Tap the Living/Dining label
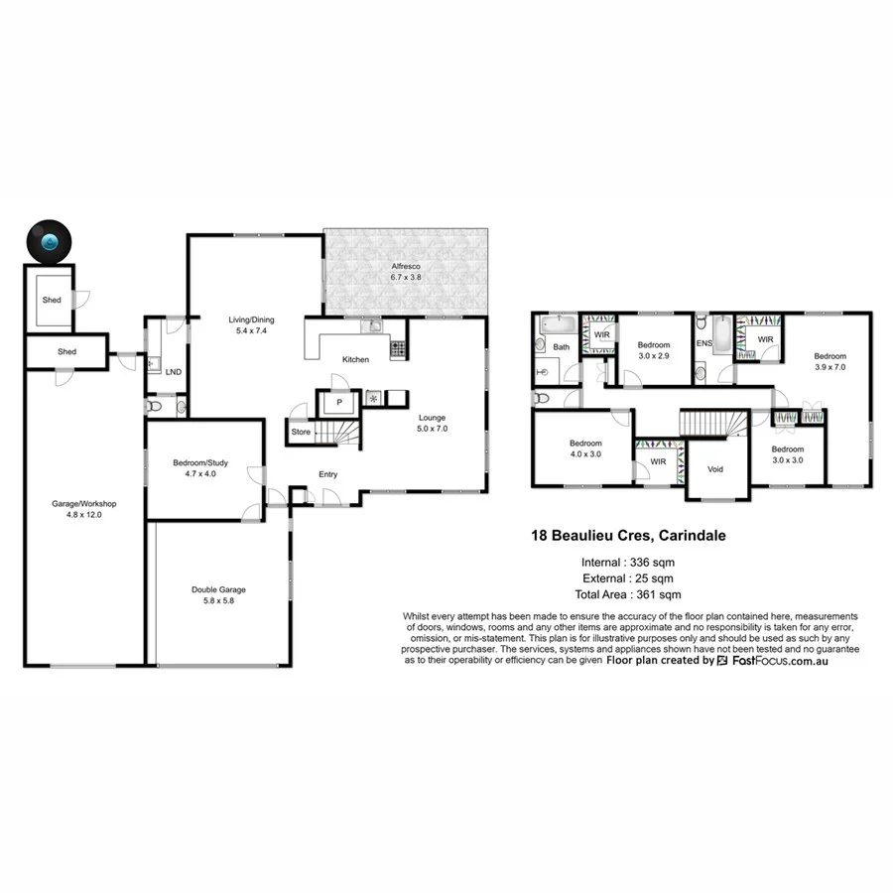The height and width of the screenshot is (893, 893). [251, 319]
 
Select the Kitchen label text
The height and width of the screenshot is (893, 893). [356, 359]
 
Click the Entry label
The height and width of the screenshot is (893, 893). [328, 474]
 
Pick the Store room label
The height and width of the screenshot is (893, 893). [300, 432]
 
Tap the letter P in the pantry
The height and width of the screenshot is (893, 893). [338, 402]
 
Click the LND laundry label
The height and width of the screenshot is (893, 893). [173, 372]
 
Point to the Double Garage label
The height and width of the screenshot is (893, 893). [218, 589]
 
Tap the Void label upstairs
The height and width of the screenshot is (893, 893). [714, 469]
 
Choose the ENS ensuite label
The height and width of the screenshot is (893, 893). [704, 343]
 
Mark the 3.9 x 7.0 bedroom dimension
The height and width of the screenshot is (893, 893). [830, 367]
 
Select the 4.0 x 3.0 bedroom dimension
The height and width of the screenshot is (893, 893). [585, 455]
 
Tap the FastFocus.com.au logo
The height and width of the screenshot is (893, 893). [774, 660]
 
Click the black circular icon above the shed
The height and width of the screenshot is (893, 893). [49, 240]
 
